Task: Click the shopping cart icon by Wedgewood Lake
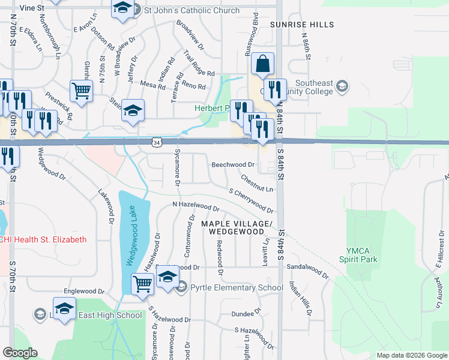[142, 283]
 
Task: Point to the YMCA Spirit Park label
[362, 255]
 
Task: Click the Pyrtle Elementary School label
[237, 287]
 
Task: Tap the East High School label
[110, 315]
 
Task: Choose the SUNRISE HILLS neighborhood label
[301, 25]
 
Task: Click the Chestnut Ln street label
[257, 184]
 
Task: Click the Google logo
[20, 353]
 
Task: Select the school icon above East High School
[64, 308]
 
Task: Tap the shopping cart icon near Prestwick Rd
[81, 91]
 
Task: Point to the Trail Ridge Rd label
[199, 62]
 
